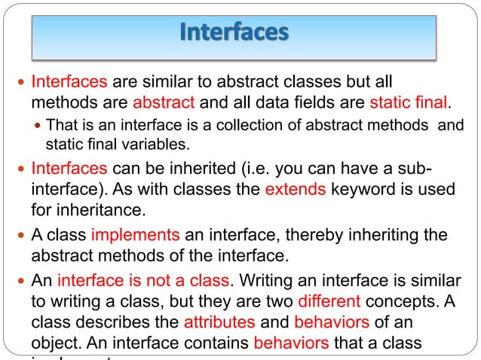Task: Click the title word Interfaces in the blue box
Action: pyautogui.click(x=234, y=33)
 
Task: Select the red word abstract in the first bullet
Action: pyautogui.click(x=164, y=102)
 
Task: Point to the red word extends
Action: pyautogui.click(x=296, y=188)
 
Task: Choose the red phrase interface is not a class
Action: pyautogui.click(x=143, y=282)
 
